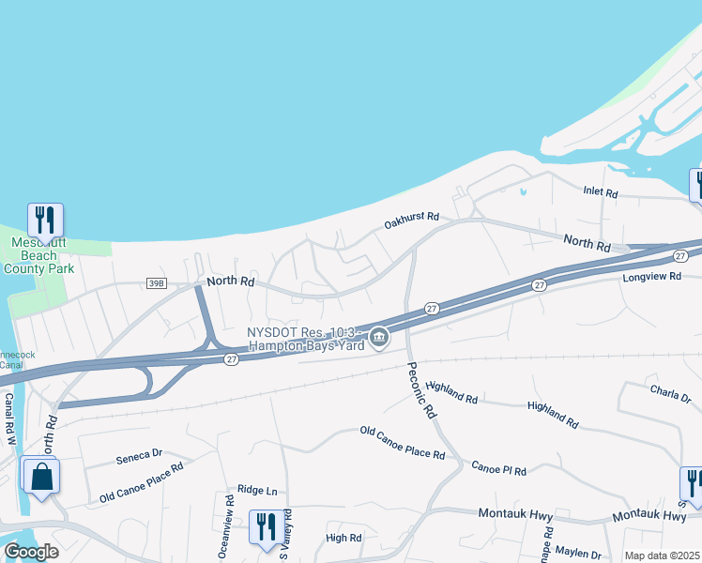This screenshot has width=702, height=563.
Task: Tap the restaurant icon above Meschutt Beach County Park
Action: (x=45, y=220)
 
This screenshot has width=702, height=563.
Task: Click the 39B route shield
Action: (x=156, y=281)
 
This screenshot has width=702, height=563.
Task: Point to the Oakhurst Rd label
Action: (x=411, y=221)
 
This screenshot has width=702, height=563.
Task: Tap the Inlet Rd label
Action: (x=601, y=193)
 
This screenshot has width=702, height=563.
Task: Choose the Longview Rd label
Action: (x=649, y=278)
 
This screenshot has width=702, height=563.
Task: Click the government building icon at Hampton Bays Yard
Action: (x=378, y=337)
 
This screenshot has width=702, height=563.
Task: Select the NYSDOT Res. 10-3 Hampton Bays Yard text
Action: (x=305, y=339)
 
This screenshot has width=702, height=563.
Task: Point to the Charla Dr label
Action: (x=670, y=392)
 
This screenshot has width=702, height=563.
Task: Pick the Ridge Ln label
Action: (x=257, y=490)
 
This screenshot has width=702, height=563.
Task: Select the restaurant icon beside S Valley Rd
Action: (x=266, y=526)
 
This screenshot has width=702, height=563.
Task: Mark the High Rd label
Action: (x=343, y=538)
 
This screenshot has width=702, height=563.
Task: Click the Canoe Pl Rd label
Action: (x=498, y=468)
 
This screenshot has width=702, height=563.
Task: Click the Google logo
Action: (x=31, y=552)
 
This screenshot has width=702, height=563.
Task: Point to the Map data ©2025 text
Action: (x=662, y=555)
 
